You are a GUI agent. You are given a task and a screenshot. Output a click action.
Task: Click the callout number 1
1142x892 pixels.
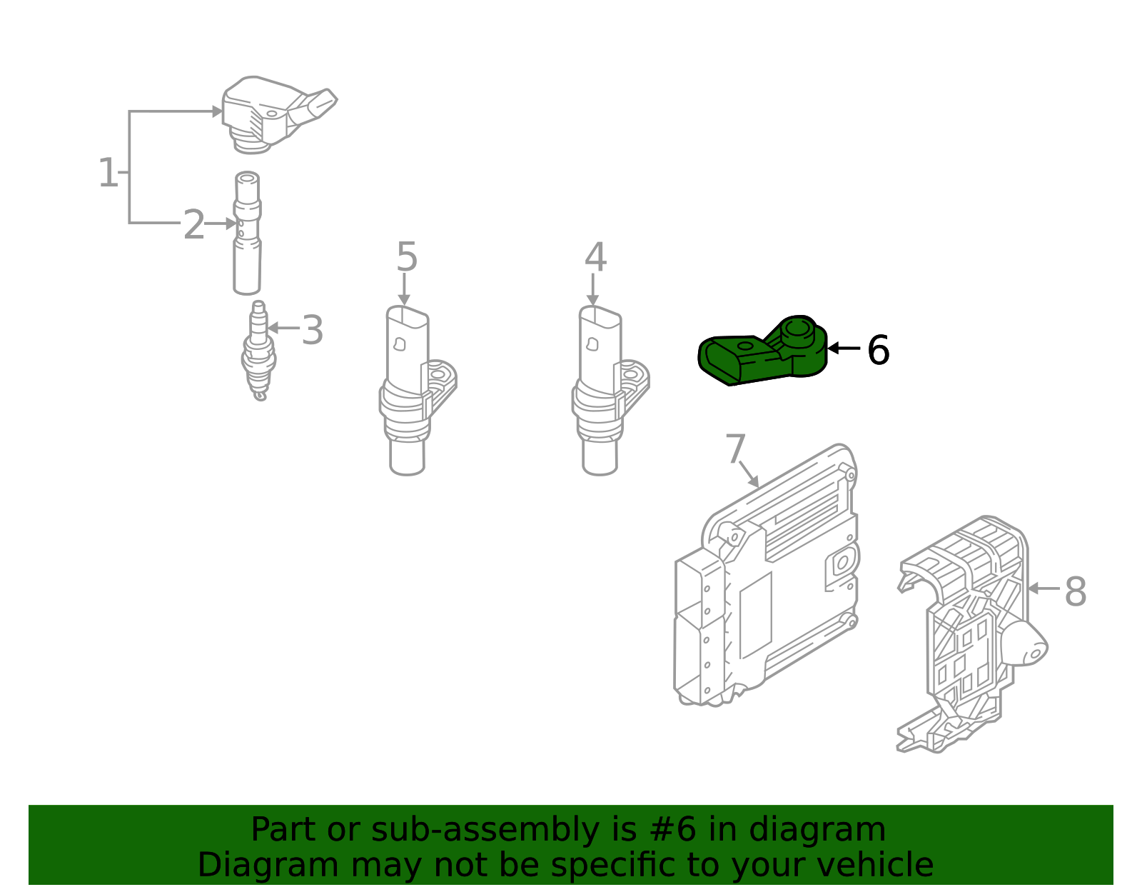click(108, 174)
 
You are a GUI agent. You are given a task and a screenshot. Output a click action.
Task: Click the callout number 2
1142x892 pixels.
click(194, 225)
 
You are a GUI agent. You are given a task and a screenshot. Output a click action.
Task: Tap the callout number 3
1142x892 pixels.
click(312, 331)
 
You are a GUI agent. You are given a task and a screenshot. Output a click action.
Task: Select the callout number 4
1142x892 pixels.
click(595, 258)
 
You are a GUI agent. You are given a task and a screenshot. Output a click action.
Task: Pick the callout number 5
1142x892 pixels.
click(406, 257)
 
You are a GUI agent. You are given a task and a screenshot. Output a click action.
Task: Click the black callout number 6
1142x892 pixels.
click(878, 351)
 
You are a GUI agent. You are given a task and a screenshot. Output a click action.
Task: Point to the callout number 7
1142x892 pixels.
click(735, 450)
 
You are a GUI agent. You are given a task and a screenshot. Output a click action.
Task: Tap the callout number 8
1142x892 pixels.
click(1075, 592)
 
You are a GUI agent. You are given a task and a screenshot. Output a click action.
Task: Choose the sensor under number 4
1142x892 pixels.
click(600, 393)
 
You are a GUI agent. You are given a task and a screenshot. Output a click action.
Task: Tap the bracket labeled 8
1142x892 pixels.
click(971, 636)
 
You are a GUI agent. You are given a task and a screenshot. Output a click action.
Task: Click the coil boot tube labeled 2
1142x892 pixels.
click(247, 236)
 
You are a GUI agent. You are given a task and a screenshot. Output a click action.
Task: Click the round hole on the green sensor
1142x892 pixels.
click(797, 330)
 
